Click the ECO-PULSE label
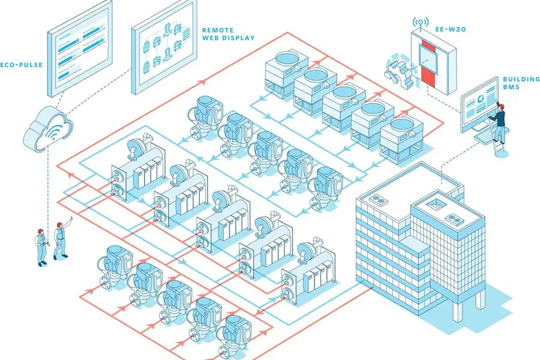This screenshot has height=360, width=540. coord(21,65)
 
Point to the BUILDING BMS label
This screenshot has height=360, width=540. coord(517,83)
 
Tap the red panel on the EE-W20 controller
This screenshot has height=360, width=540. coord(427,63)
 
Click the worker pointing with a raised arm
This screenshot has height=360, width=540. coord(61,239)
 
